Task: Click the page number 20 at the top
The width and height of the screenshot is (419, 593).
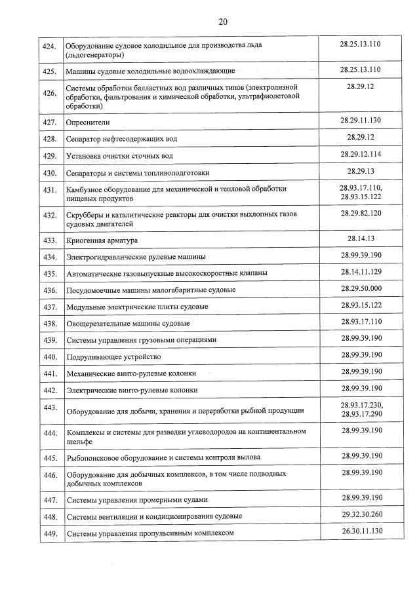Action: click(x=222, y=22)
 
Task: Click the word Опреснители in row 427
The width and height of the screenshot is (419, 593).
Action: click(x=88, y=122)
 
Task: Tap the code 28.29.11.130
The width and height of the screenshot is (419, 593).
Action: click(x=361, y=120)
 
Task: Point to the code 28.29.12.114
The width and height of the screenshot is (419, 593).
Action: click(x=361, y=154)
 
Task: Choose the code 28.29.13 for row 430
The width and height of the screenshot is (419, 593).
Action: click(x=361, y=171)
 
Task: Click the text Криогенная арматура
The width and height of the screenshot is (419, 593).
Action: click(x=102, y=240)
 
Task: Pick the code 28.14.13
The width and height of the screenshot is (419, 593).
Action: click(x=361, y=239)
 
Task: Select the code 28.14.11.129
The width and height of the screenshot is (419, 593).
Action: click(x=361, y=271)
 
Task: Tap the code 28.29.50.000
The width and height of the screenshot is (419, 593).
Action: click(x=361, y=288)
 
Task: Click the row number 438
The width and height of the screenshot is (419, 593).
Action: click(x=49, y=323)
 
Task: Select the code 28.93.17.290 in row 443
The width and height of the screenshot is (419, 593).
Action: click(x=361, y=414)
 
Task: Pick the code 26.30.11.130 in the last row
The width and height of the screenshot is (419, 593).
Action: click(x=361, y=531)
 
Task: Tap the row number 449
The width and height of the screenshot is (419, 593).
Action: click(x=49, y=534)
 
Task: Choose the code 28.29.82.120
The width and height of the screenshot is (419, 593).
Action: click(x=361, y=214)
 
